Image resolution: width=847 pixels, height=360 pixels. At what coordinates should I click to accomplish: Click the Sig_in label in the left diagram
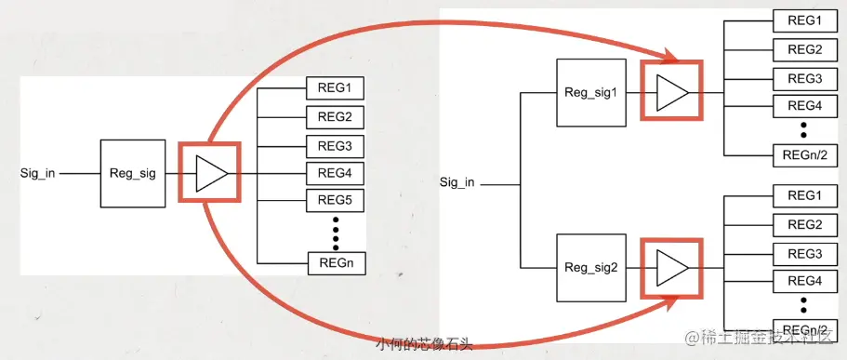pos(38,174)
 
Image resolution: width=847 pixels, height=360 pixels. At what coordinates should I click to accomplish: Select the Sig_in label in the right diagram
pos(457,182)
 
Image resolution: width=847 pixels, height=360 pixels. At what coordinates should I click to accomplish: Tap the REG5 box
pos(335,201)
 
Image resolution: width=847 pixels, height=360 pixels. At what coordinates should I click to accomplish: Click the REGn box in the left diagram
pos(335,264)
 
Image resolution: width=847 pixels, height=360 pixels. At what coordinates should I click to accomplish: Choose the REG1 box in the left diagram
pos(335,88)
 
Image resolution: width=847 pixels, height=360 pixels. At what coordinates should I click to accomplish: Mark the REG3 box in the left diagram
pos(335,146)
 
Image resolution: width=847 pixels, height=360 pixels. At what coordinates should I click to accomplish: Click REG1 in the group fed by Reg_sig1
pos(804,20)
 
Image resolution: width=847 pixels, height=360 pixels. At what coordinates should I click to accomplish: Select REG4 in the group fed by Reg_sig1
pos(804,105)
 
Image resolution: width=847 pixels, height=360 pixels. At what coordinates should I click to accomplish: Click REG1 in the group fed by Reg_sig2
pos(804,195)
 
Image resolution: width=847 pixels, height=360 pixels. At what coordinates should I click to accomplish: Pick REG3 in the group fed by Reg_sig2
pos(804,254)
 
